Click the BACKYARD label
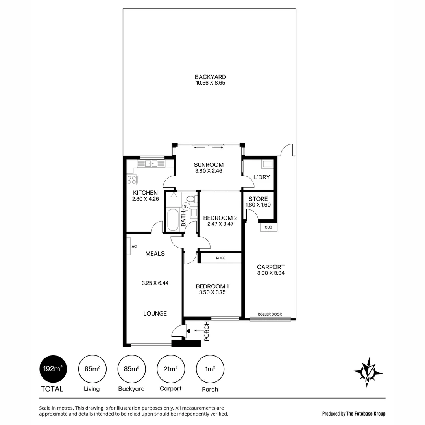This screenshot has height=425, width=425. pos(210,77)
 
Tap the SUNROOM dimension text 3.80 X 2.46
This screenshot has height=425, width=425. pos(209,171)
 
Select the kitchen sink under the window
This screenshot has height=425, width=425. pos(148,164)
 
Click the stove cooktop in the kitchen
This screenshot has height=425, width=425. pos(132,180)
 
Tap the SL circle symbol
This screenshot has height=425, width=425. pos(186,206)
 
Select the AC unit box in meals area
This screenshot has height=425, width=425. pos(129,246)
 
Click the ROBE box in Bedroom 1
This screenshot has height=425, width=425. pos(220,258)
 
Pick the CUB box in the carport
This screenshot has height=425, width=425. pos(268,227)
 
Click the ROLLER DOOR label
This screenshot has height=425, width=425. pos(270,314)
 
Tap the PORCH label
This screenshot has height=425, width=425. pos(207,331)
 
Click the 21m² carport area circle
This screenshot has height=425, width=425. pos(170,369)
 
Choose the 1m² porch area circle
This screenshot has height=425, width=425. pos(210,369)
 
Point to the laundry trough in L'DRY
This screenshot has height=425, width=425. pos(268,164)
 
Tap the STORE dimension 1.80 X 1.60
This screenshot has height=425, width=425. pos(258,205)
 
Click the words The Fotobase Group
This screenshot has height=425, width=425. pos(366,414)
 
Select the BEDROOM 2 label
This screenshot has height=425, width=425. pos(220,218)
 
